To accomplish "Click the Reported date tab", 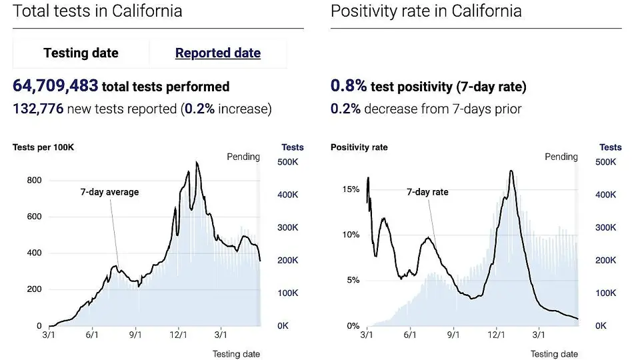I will pos(218,53).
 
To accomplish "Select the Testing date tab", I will pos(81,53).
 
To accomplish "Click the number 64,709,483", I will pos(55,86).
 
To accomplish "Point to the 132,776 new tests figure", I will pos(38,109).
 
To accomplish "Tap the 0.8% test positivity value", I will pos(349,86).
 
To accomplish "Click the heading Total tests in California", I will pos(97,11).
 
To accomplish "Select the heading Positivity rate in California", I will pos(426,11).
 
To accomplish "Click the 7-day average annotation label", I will pos(109,192).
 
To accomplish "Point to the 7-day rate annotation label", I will pos(427,192).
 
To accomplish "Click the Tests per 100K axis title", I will pos(43,147).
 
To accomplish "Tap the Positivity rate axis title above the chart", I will pos(359,147).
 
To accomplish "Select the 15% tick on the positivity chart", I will pos(350,189).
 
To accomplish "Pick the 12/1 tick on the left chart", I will pos(179,335).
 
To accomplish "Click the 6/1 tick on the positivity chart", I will pos(410,335).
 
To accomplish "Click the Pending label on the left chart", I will pos(243,157).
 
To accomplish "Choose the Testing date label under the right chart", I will pos(554,354).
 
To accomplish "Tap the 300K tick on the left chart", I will pos(287,227).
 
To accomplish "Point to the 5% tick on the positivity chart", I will pos(353,280).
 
